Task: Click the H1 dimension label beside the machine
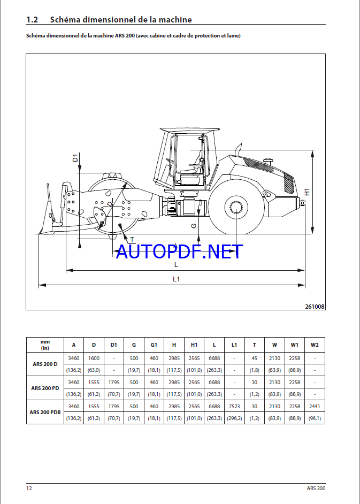tap(307, 192)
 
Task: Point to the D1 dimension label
tap(75, 158)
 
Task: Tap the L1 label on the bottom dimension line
tap(176, 279)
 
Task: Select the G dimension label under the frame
tap(194, 226)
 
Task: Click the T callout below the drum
tap(132, 240)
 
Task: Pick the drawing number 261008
tap(315, 307)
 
